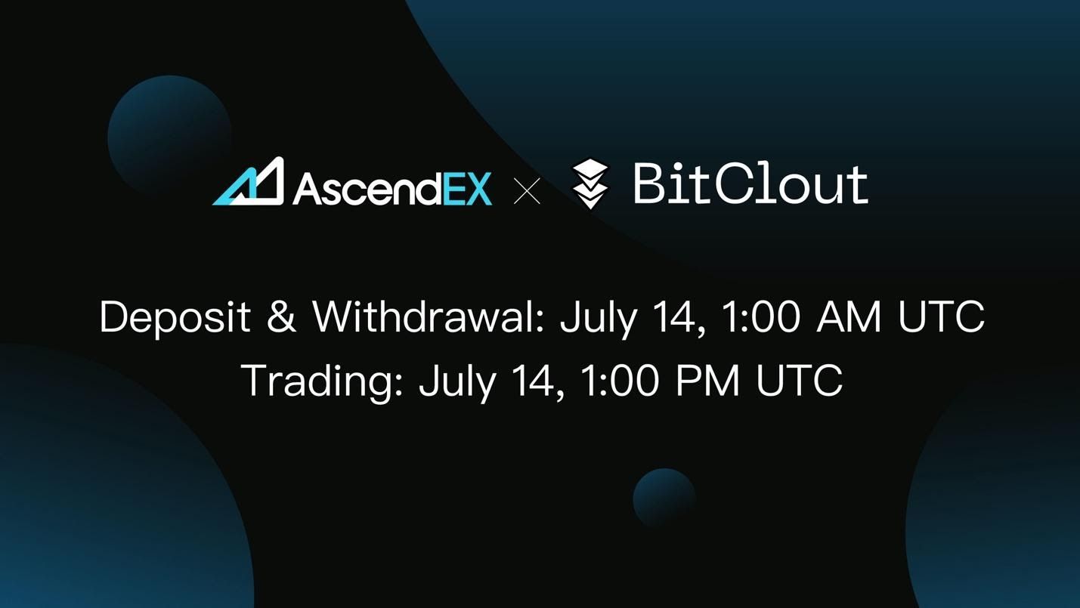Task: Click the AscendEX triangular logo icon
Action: click(x=249, y=182)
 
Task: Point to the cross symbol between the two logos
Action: click(x=527, y=190)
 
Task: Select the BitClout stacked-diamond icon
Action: click(x=590, y=184)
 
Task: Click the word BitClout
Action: click(x=750, y=184)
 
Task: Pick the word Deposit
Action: click(x=175, y=317)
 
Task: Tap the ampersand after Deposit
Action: click(x=281, y=317)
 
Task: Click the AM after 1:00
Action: click(x=849, y=317)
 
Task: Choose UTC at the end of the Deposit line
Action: click(x=941, y=317)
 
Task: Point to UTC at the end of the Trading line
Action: click(x=799, y=381)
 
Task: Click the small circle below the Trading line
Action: click(x=664, y=498)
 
